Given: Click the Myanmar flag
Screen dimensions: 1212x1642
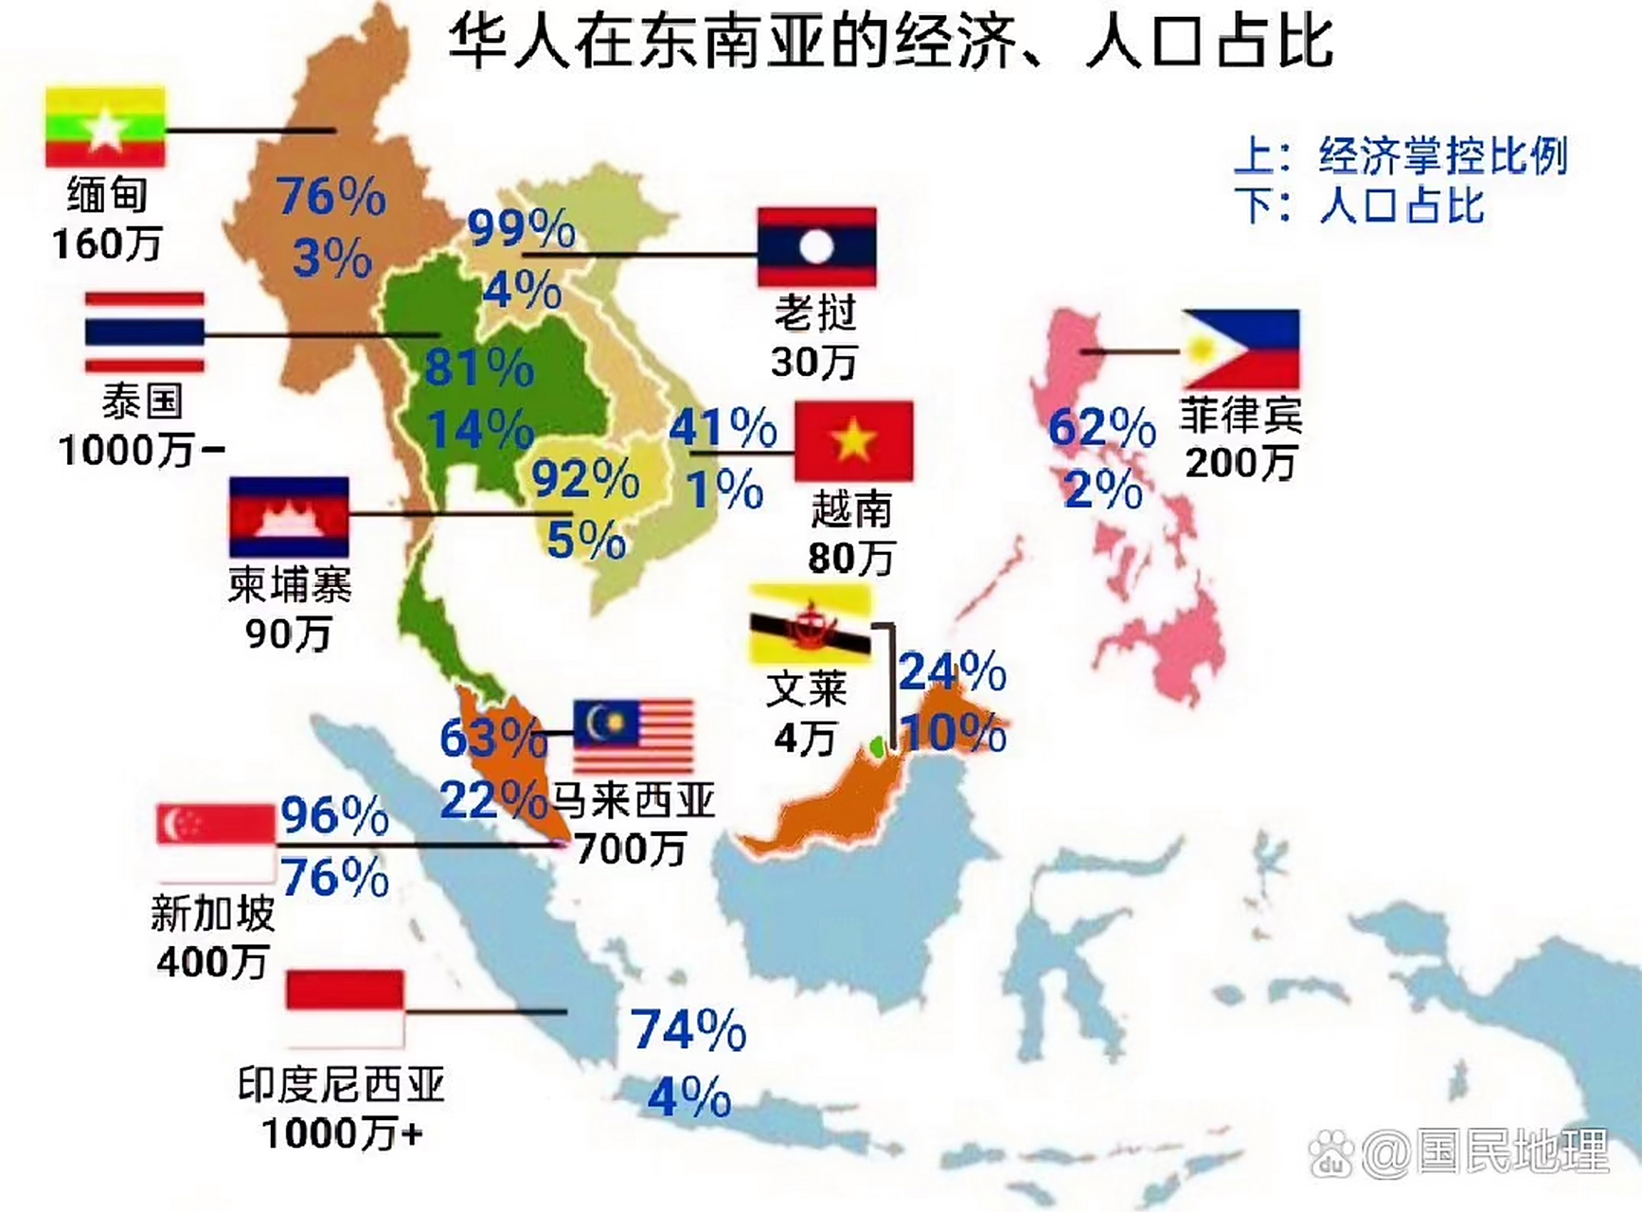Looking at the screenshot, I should tap(105, 128).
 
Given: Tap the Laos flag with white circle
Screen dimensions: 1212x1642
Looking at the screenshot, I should tap(816, 247).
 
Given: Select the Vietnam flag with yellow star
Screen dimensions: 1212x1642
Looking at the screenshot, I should tap(853, 440).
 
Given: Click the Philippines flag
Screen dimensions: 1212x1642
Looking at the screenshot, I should tap(1240, 348).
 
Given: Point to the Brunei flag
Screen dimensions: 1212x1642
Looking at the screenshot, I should tap(810, 625).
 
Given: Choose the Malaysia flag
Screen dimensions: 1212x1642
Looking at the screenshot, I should tap(634, 735).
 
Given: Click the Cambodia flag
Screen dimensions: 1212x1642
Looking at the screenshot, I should tap(289, 517).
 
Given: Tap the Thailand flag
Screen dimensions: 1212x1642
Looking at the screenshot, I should tap(144, 332).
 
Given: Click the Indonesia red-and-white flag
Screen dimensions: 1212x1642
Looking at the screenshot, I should tap(345, 1007).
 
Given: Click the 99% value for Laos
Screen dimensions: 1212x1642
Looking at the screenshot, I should tap(521, 228).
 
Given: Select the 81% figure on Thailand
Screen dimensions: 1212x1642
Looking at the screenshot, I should tap(478, 367).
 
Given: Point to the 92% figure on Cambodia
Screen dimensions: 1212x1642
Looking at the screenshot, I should tap(585, 478).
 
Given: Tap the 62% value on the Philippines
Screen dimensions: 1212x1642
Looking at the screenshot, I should tap(1101, 428).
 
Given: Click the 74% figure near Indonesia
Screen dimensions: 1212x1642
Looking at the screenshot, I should tap(688, 1030).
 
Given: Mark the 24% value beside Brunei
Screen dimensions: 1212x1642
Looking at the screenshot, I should tap(952, 672).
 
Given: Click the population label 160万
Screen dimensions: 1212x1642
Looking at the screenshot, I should tap(107, 244).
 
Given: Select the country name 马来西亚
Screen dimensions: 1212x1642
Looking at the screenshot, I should tap(633, 800).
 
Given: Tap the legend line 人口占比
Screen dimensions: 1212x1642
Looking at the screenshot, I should tap(1401, 205).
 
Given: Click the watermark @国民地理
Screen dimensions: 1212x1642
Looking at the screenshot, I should tap(1485, 1152).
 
